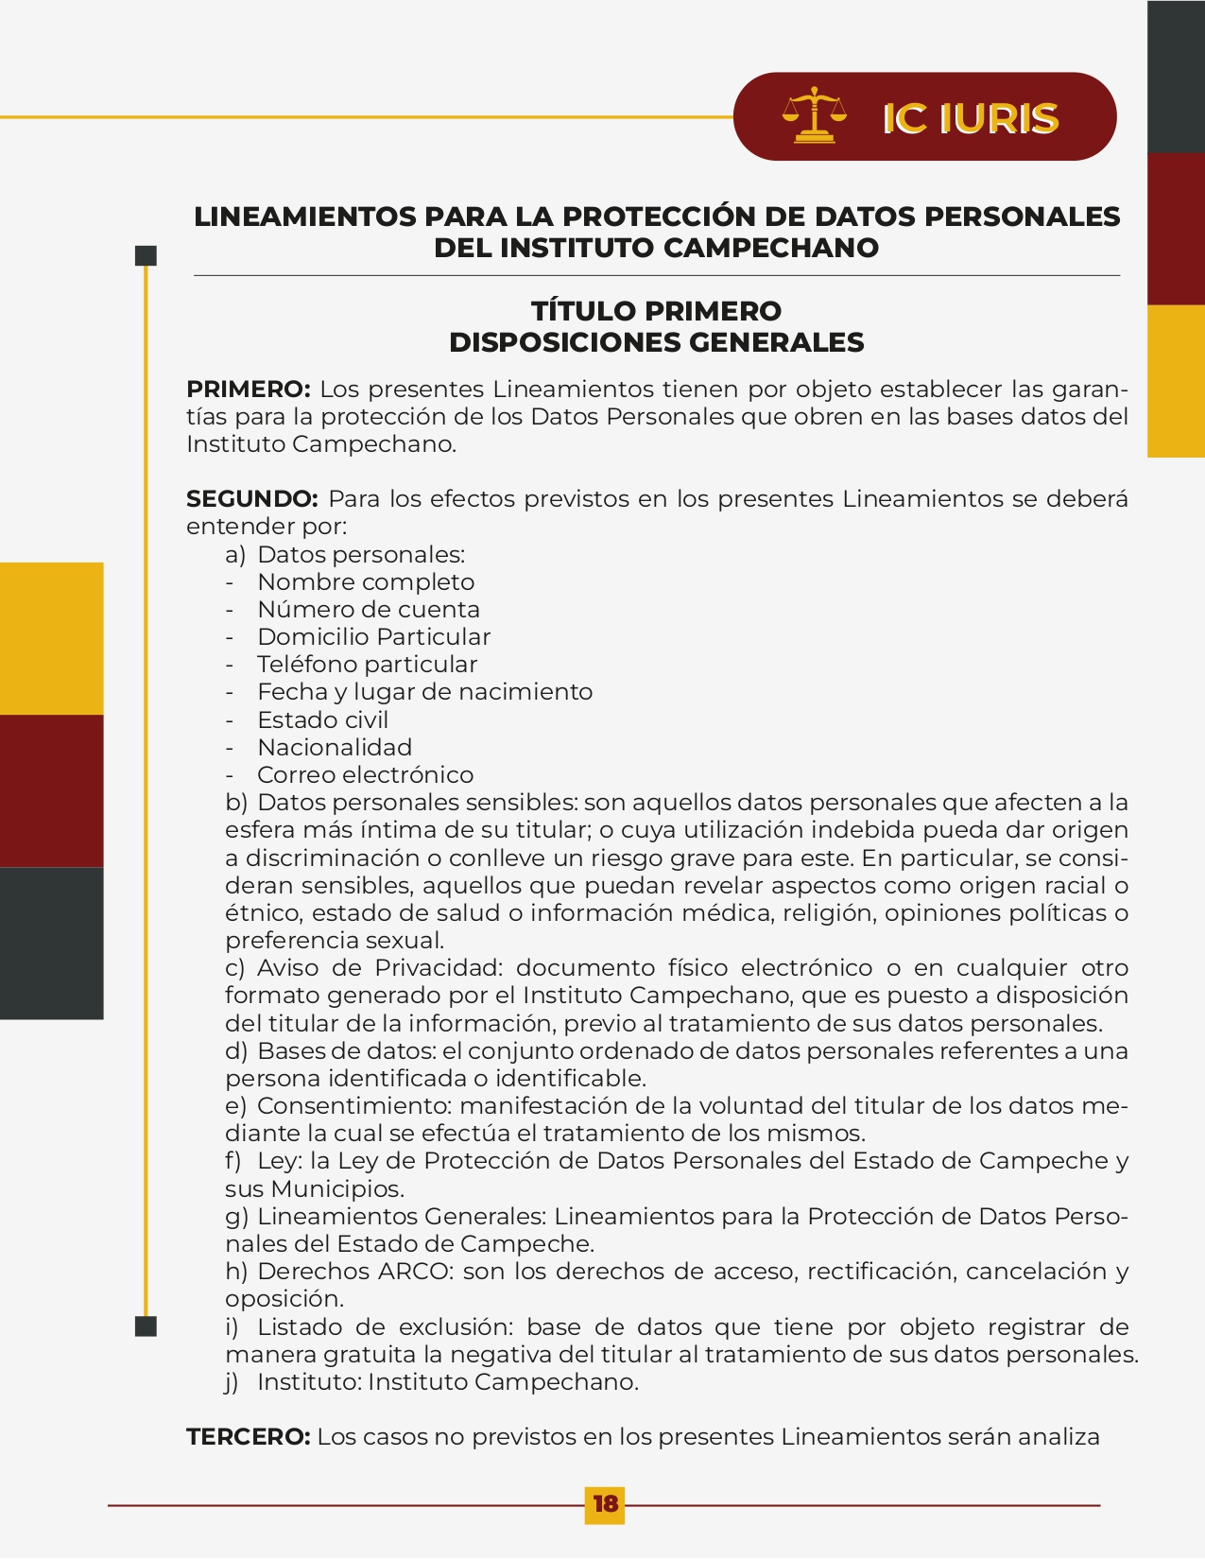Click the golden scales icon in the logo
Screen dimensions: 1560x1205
pyautogui.click(x=814, y=115)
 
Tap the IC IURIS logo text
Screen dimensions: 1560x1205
pyautogui.click(x=970, y=118)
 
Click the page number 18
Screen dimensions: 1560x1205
pyautogui.click(x=605, y=1503)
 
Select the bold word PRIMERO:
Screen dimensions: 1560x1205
pyautogui.click(x=248, y=390)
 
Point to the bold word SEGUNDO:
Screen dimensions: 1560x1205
pyautogui.click(x=251, y=499)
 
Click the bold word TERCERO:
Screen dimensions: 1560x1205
pyautogui.click(x=248, y=1437)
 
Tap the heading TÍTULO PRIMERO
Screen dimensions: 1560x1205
pyautogui.click(x=656, y=311)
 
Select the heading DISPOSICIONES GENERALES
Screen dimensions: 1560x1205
pyautogui.click(x=656, y=342)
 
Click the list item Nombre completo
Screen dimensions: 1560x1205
pyautogui.click(x=366, y=582)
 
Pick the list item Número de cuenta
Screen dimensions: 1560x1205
pyautogui.click(x=369, y=610)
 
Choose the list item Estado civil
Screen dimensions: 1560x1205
pyautogui.click(x=322, y=719)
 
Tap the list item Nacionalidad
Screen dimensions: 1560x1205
pyautogui.click(x=335, y=747)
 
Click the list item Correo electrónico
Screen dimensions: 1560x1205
pyautogui.click(x=365, y=774)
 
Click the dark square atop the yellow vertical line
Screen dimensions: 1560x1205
pyautogui.click(x=146, y=255)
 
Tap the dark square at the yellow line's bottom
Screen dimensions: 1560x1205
pyautogui.click(x=146, y=1326)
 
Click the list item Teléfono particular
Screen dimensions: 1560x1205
pyautogui.click(x=367, y=665)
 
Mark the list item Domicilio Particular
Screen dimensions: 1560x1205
pyautogui.click(x=373, y=637)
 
